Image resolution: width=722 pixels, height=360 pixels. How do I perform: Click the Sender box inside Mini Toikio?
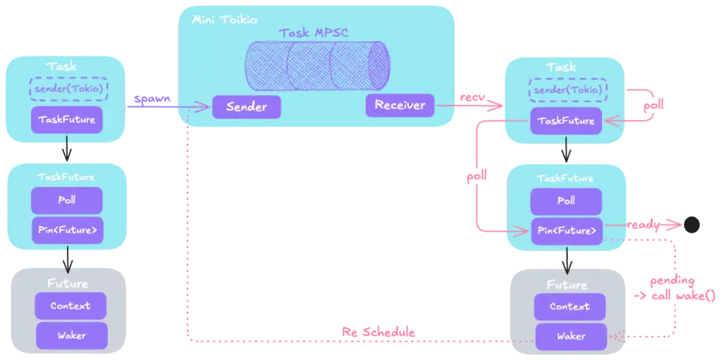point(245,107)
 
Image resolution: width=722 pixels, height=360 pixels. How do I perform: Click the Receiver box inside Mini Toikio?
point(400,105)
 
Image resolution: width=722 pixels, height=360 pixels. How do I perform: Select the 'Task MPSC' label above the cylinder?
point(314,33)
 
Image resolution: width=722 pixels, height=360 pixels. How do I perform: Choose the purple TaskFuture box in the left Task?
point(68,120)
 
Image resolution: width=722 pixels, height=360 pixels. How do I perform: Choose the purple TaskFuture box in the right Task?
point(567,120)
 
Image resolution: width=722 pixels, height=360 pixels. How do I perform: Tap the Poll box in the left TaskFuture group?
point(67,200)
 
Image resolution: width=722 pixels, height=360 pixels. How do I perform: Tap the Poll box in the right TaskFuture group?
point(566,201)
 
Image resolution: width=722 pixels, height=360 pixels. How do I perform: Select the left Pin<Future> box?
point(67,231)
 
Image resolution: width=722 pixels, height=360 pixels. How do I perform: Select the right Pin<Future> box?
point(566,231)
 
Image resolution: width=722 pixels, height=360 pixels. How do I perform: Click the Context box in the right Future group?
point(570,306)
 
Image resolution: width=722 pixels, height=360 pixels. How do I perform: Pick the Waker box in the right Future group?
point(570,336)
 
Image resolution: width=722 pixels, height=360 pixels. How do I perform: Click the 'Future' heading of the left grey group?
point(67,282)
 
